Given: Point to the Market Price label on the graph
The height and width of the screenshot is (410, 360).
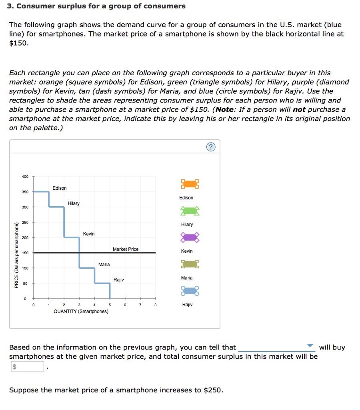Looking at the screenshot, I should pyautogui.click(x=126, y=249).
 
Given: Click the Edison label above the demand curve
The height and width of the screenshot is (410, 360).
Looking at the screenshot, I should pyautogui.click(x=60, y=188).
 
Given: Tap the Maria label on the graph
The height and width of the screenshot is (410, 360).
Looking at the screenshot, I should pyautogui.click(x=104, y=264).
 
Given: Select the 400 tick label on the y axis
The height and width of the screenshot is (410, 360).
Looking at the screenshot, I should pyautogui.click(x=25, y=177).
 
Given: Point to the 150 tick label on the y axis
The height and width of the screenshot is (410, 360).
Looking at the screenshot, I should pyautogui.click(x=25, y=253).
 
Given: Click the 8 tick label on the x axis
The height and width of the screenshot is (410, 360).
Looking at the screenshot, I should pyautogui.click(x=155, y=305).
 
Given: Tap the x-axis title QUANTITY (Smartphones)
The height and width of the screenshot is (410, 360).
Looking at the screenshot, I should pyautogui.click(x=81, y=311).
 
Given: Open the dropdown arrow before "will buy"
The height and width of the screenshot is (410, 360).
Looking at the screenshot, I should pyautogui.click(x=310, y=346).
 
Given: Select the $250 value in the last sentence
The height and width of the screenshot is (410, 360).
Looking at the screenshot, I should pyautogui.click(x=212, y=390).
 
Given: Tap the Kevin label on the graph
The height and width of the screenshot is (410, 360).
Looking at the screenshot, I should pyautogui.click(x=89, y=234).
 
